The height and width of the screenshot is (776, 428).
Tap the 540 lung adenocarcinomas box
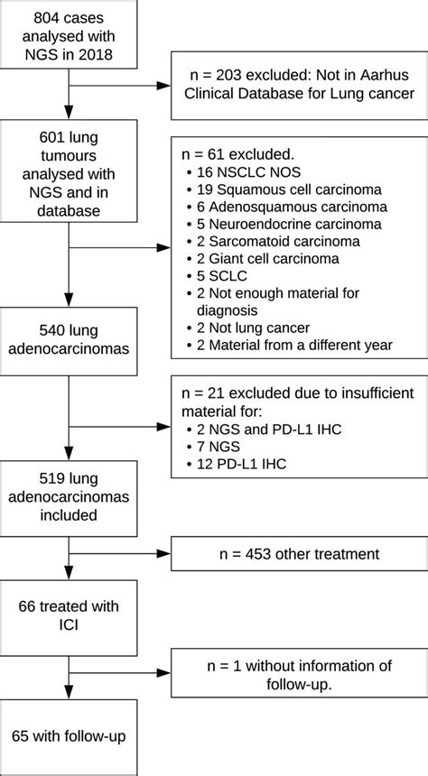click(70, 341)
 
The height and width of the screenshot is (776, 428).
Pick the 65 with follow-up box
click(70, 737)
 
